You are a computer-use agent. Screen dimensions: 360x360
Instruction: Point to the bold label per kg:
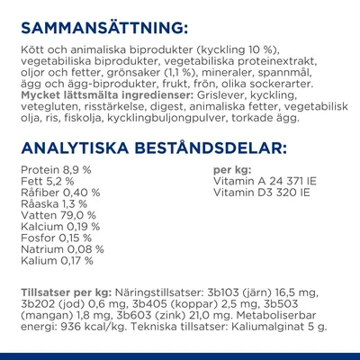tap(229, 169)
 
